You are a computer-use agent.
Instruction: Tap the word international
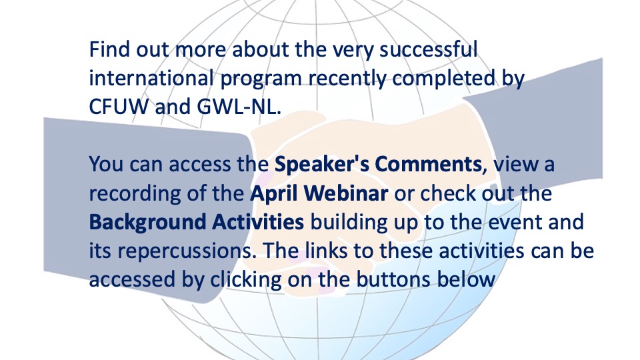click(x=151, y=78)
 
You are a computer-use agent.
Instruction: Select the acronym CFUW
click(x=119, y=107)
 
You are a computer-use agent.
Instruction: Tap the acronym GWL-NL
click(x=239, y=107)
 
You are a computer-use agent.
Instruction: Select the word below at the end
click(x=466, y=279)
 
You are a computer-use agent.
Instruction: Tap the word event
click(x=515, y=223)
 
